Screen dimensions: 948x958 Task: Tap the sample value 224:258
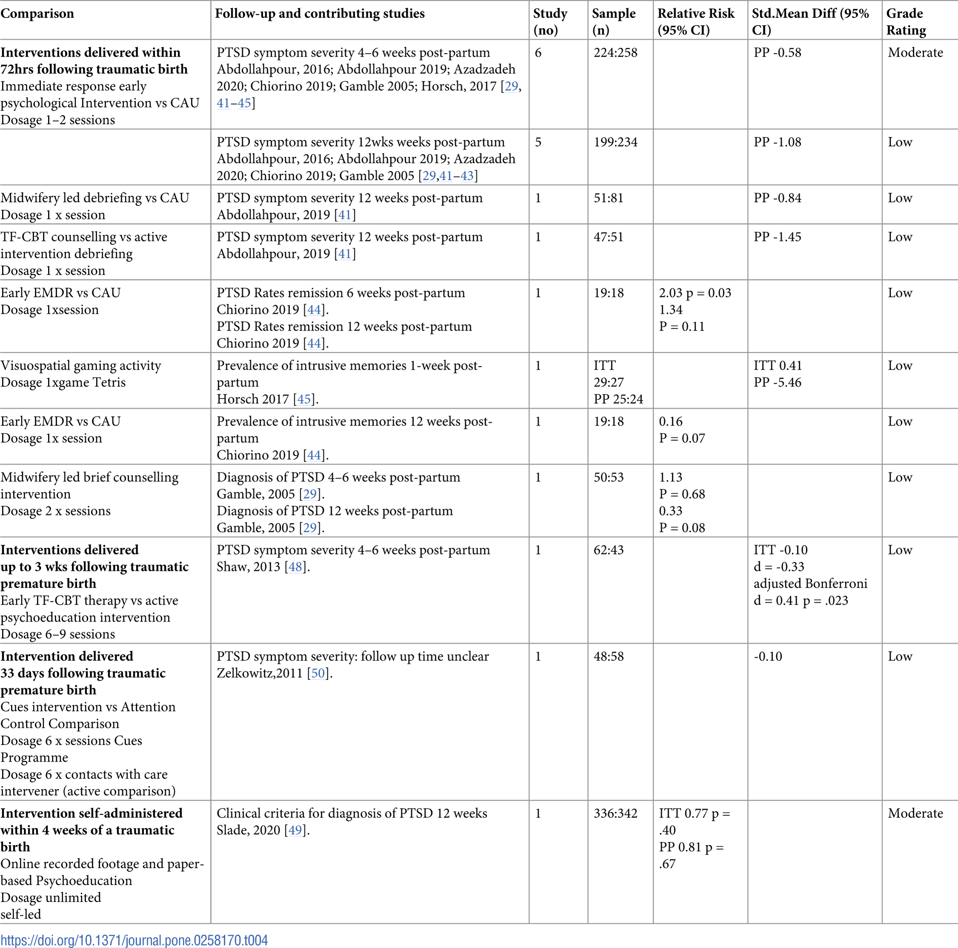[615, 52]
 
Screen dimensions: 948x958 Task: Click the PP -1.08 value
[777, 142]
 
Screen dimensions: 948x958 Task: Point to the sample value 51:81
[608, 198]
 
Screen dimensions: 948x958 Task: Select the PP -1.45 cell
[777, 237]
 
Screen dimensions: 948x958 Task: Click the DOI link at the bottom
[134, 939]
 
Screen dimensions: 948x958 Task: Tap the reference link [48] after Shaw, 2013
[295, 566]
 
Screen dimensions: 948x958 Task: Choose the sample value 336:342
[615, 813]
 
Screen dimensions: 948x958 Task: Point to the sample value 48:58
[608, 656]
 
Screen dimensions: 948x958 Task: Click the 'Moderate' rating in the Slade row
[915, 813]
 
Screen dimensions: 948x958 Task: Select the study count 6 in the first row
[538, 52]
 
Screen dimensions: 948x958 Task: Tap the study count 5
[538, 142]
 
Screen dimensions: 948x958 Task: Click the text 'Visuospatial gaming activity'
[81, 365]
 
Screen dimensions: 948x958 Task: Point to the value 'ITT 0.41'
[777, 365]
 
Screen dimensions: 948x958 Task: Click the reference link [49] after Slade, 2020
[295, 830]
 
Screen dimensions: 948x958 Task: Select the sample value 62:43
[608, 550]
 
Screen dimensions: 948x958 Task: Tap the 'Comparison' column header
[37, 13]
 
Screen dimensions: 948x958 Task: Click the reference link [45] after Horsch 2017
[304, 399]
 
